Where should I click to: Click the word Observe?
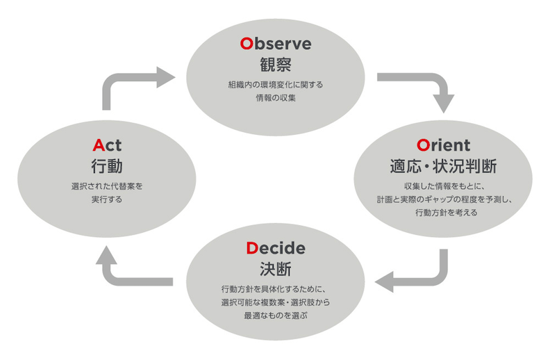pyautogui.click(x=276, y=44)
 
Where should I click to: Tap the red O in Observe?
pyautogui.click(x=247, y=44)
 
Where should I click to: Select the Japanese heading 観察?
pyautogui.click(x=276, y=65)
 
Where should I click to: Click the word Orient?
pyautogui.click(x=443, y=145)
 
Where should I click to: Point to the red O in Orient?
pyautogui.click(x=423, y=146)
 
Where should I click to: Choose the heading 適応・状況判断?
pyautogui.click(x=443, y=166)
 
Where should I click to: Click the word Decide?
pyautogui.click(x=276, y=248)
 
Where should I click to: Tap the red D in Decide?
pyautogui.click(x=252, y=248)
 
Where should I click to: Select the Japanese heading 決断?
pyautogui.click(x=276, y=270)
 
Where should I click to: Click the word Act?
pyautogui.click(x=107, y=145)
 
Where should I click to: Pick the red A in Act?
pyautogui.click(x=99, y=145)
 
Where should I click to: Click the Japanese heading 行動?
pyautogui.click(x=107, y=166)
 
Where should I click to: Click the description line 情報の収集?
pyautogui.click(x=276, y=98)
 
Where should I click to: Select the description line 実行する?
pyautogui.click(x=107, y=199)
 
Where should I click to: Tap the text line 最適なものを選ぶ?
pyautogui.click(x=276, y=316)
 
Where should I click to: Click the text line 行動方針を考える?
pyautogui.click(x=446, y=213)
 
